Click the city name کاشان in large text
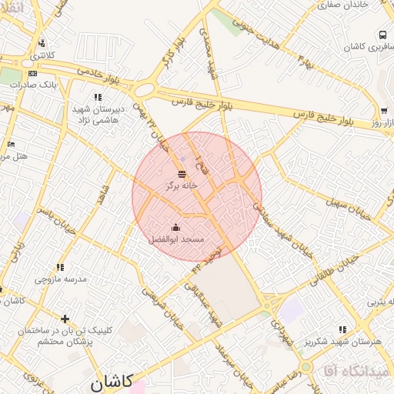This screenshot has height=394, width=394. pos(111,380)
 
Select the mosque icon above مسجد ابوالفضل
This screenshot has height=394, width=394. pos(176,227)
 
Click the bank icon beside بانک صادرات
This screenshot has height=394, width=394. pos(32,73)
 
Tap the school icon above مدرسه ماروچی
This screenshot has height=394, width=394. pos(60,267)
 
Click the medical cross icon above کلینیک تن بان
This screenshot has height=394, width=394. pos(65,318)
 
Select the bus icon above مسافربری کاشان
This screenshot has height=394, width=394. pos(382,35)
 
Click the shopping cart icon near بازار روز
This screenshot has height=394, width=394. pos(383,111)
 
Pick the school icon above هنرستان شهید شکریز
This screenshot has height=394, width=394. pos(342,329)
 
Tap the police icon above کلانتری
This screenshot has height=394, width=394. pos(41,43)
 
